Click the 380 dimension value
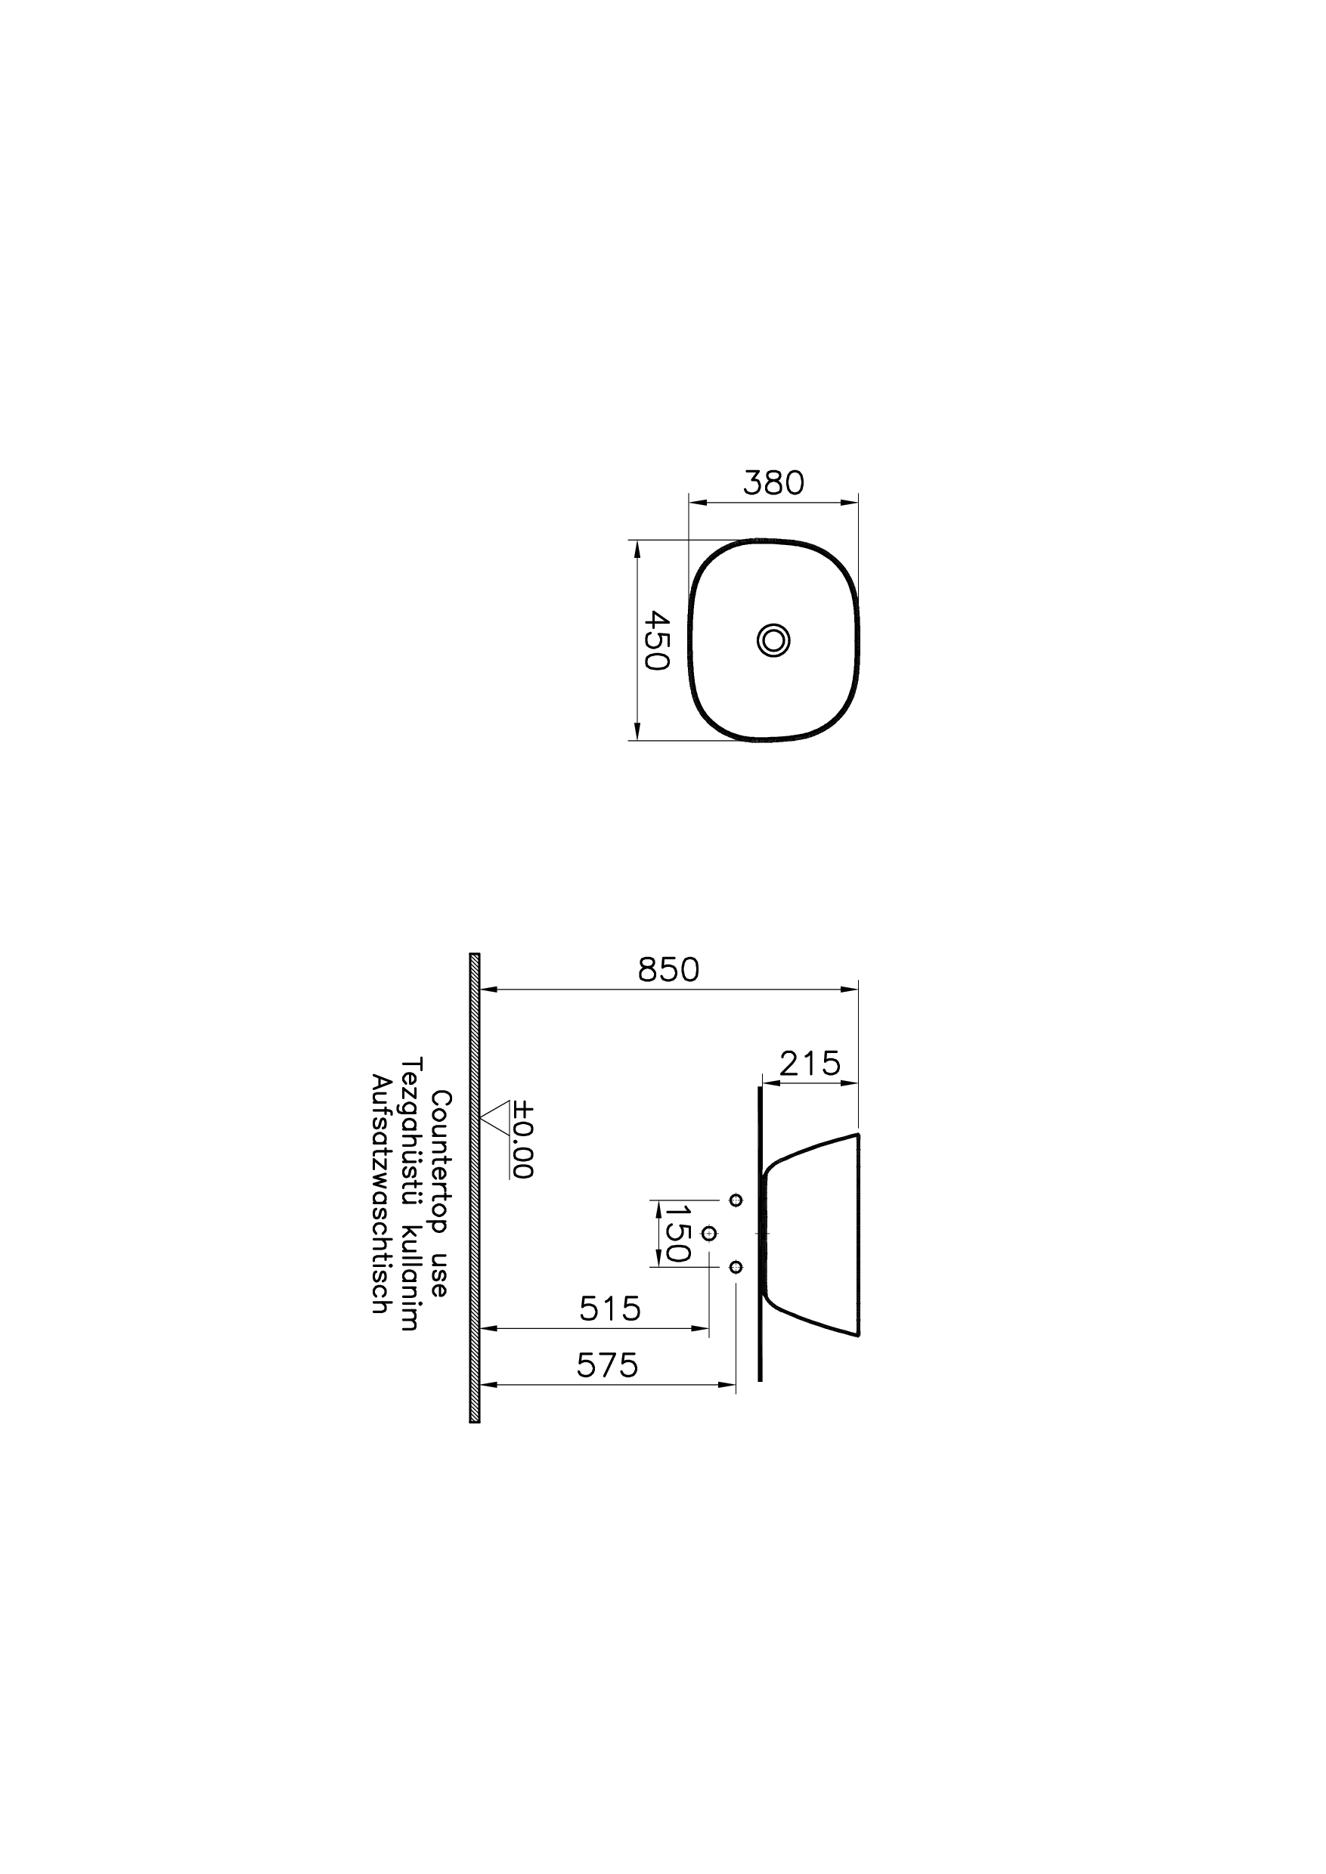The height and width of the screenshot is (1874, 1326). point(773,483)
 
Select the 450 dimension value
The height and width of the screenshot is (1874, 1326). point(657,640)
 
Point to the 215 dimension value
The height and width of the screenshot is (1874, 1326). point(809,1064)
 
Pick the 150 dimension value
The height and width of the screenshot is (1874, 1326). point(677,1233)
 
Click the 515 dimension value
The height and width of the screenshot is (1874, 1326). point(610,1310)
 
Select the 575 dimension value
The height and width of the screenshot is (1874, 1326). point(608,1365)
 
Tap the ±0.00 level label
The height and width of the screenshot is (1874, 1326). point(523,1141)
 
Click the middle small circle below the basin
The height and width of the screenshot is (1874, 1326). point(708,1232)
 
